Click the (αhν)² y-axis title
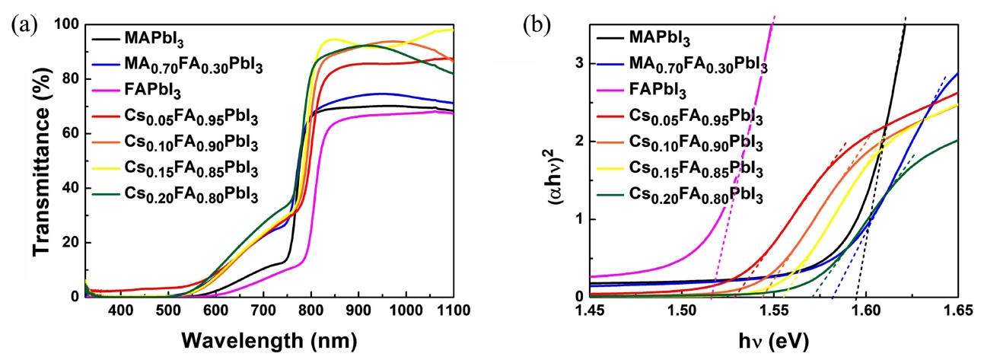pyautogui.click(x=559, y=160)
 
